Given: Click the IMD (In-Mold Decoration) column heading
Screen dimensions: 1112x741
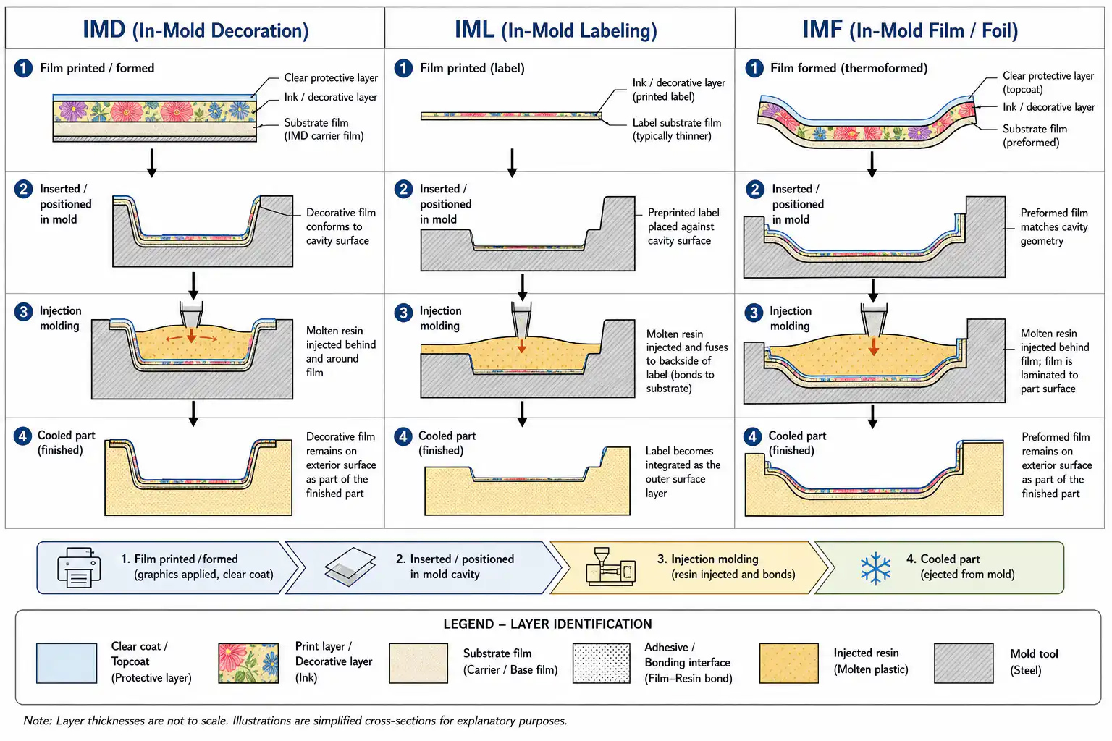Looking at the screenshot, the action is tap(195, 30).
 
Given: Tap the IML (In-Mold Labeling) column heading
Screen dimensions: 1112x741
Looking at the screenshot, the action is tap(555, 30).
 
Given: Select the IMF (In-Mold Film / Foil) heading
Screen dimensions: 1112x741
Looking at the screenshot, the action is tap(910, 30).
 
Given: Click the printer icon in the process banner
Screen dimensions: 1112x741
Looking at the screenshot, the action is tap(79, 568).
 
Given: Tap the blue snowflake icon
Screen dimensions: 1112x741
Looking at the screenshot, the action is tap(875, 568).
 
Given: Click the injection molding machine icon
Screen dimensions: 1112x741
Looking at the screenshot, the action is tap(610, 567).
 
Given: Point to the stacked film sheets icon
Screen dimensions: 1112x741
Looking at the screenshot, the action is tap(350, 567).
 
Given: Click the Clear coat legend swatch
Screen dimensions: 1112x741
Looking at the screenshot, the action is tap(67, 663).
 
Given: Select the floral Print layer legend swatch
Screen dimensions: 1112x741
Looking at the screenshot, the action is tap(248, 663).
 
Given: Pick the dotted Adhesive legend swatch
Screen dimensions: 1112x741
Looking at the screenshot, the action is tap(601, 663).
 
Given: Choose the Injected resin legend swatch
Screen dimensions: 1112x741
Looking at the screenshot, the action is tap(788, 663).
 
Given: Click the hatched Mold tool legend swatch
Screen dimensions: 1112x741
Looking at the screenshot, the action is tap(964, 663).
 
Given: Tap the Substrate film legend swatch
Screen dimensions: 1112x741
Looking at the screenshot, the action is tap(418, 663).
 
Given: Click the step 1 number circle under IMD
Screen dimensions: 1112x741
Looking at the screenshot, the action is tap(23, 68).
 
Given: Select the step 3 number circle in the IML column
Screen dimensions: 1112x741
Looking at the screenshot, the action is tap(403, 312).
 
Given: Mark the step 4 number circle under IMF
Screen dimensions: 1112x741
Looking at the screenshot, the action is tap(753, 436).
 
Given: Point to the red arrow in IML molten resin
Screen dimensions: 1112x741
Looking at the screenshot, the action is tap(521, 345).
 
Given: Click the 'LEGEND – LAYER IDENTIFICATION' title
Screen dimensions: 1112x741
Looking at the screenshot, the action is tap(547, 624).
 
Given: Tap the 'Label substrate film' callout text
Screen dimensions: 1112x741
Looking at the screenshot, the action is tap(677, 129).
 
